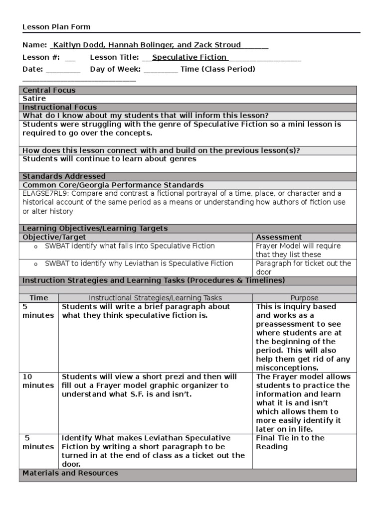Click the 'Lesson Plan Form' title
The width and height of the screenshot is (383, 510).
point(56,27)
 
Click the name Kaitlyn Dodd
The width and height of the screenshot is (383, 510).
point(76,45)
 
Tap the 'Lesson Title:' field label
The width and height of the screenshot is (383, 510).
point(114,57)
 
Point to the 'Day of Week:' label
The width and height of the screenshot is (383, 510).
point(115,69)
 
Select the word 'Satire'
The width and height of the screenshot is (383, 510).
point(34,99)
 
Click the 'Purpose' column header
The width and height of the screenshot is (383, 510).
point(304,298)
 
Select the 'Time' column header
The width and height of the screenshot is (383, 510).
point(39,298)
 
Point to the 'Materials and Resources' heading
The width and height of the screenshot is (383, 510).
point(70,473)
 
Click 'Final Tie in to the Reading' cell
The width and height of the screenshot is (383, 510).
point(290,442)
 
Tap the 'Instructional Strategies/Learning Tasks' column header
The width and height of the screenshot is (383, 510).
point(155,298)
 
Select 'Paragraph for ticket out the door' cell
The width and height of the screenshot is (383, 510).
point(303,267)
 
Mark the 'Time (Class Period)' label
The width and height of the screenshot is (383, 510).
point(218,69)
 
